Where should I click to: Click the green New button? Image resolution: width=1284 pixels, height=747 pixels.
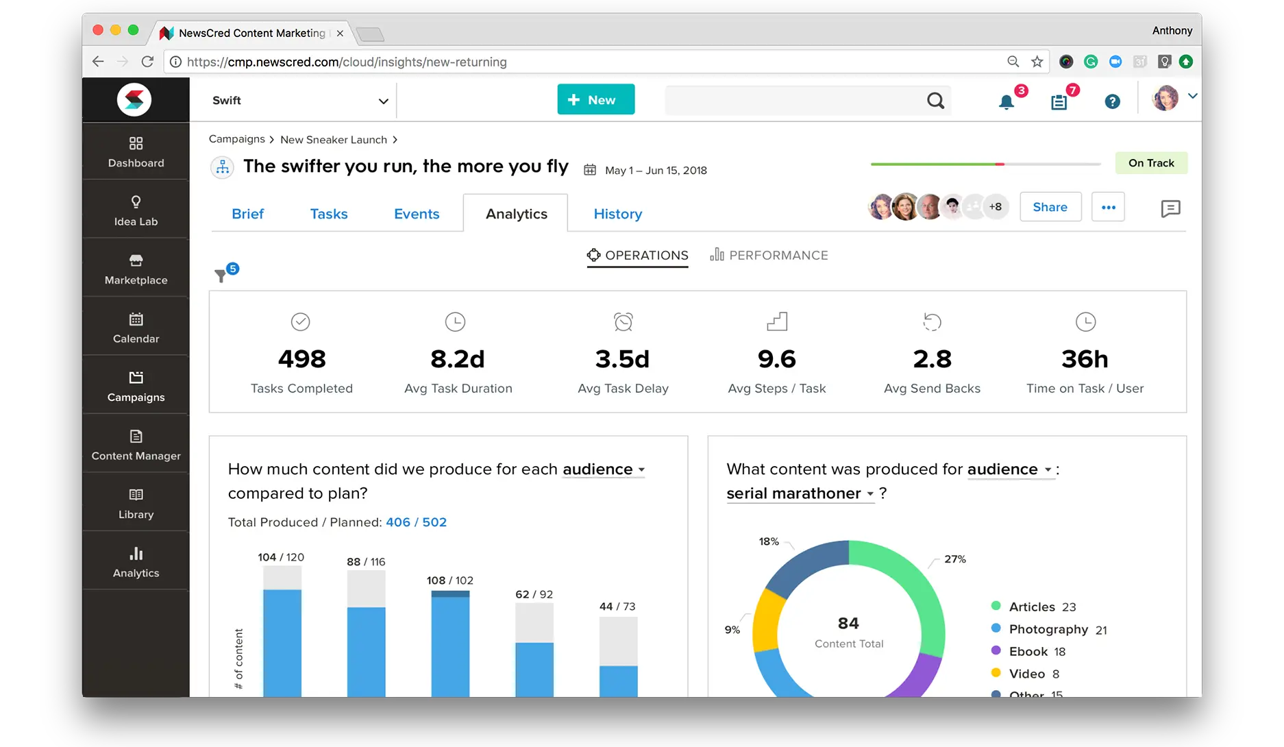pyautogui.click(x=595, y=99)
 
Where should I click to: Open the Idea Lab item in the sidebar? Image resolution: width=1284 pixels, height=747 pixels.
pyautogui.click(x=136, y=210)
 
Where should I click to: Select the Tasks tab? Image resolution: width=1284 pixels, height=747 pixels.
pyautogui.click(x=329, y=214)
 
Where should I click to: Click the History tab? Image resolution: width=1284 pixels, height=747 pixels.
pyautogui.click(x=617, y=214)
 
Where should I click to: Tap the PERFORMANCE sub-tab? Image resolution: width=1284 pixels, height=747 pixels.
pyautogui.click(x=769, y=255)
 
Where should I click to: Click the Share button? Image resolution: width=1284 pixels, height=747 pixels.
pyautogui.click(x=1050, y=207)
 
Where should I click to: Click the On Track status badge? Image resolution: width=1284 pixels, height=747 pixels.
pyautogui.click(x=1151, y=163)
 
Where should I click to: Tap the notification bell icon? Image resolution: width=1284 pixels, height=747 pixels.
pyautogui.click(x=1006, y=102)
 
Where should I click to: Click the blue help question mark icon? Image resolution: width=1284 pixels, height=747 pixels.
pyautogui.click(x=1112, y=101)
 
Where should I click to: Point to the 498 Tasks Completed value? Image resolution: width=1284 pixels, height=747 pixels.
pyautogui.click(x=301, y=358)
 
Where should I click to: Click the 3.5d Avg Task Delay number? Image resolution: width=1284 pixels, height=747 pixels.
pyautogui.click(x=622, y=358)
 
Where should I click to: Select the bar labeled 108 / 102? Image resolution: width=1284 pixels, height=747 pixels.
pyautogui.click(x=450, y=644)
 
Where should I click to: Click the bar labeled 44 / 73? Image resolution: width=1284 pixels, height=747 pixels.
pyautogui.click(x=618, y=657)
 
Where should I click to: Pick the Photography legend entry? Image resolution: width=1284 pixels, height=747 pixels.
pyautogui.click(x=1049, y=629)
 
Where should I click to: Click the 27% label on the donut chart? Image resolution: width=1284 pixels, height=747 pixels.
pyautogui.click(x=955, y=559)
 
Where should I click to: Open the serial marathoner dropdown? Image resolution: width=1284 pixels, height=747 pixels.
pyautogui.click(x=800, y=493)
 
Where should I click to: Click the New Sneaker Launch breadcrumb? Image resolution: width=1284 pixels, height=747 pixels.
pyautogui.click(x=334, y=140)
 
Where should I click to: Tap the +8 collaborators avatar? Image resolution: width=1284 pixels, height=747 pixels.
pyautogui.click(x=996, y=206)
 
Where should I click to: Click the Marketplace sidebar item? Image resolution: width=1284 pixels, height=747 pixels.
pyautogui.click(x=136, y=269)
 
